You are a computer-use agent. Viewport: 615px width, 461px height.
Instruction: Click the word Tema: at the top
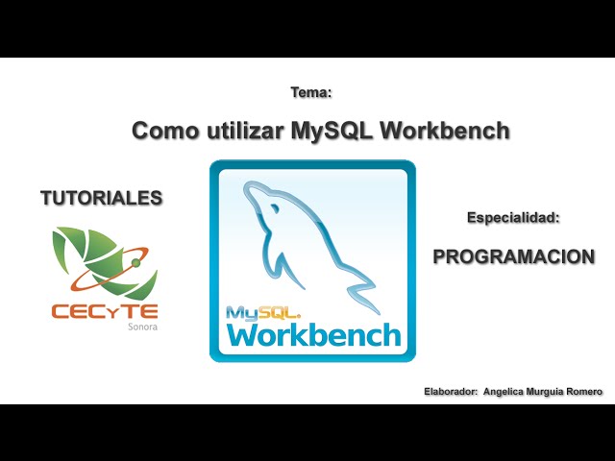tap(310, 93)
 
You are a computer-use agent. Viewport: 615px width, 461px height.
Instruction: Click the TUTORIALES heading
tap(101, 199)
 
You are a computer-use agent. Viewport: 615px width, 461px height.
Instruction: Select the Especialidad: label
tap(513, 219)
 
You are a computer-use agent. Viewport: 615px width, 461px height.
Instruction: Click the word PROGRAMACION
tap(513, 256)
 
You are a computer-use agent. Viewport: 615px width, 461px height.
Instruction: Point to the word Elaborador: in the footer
tap(450, 392)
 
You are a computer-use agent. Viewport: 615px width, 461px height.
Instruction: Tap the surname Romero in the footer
tap(588, 392)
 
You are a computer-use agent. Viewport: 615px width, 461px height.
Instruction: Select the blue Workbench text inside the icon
tap(313, 334)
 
